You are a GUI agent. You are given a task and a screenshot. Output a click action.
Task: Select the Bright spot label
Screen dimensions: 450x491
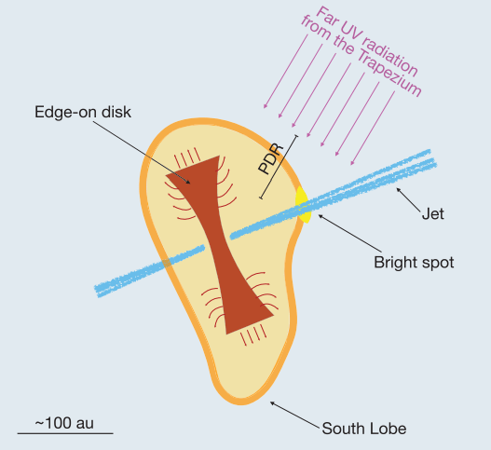point(413,262)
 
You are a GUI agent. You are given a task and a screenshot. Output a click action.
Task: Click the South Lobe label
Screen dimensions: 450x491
point(364,430)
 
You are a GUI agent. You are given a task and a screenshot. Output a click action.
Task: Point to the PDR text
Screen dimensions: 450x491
point(271,161)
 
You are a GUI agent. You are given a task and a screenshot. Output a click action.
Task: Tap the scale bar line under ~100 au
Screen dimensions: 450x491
point(64,434)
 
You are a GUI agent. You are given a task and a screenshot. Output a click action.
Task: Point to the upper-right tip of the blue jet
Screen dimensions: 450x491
point(431,152)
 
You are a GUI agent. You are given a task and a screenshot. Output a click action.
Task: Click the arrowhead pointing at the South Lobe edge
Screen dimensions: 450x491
point(270,402)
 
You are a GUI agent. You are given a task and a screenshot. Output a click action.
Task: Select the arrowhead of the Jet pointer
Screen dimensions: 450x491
point(397,189)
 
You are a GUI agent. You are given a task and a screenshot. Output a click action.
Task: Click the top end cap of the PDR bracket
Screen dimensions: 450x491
point(297,138)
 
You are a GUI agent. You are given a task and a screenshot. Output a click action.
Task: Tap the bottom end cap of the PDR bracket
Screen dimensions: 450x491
point(262,198)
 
